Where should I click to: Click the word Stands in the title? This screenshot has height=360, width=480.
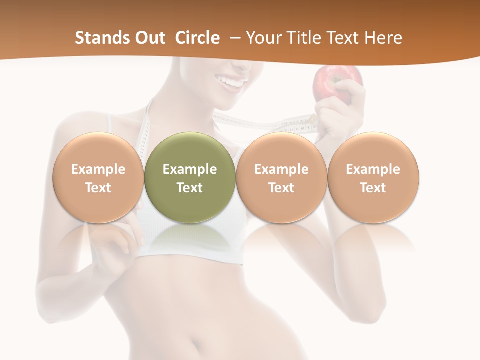pyautogui.click(x=101, y=38)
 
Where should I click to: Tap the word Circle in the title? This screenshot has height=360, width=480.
pyautogui.click(x=197, y=38)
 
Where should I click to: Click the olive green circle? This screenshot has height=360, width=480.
pyautogui.click(x=190, y=177)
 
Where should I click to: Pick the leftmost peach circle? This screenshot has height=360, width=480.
pyautogui.click(x=98, y=177)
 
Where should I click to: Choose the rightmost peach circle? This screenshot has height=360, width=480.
pyautogui.click(x=373, y=177)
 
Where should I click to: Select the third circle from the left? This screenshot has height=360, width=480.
pyautogui.click(x=281, y=177)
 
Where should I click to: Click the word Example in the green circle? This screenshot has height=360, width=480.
pyautogui.click(x=190, y=169)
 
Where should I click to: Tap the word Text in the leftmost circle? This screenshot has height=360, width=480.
pyautogui.click(x=98, y=188)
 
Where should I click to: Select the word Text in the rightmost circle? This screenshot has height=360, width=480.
pyautogui.click(x=373, y=188)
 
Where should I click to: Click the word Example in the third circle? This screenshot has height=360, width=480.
pyautogui.click(x=281, y=169)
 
